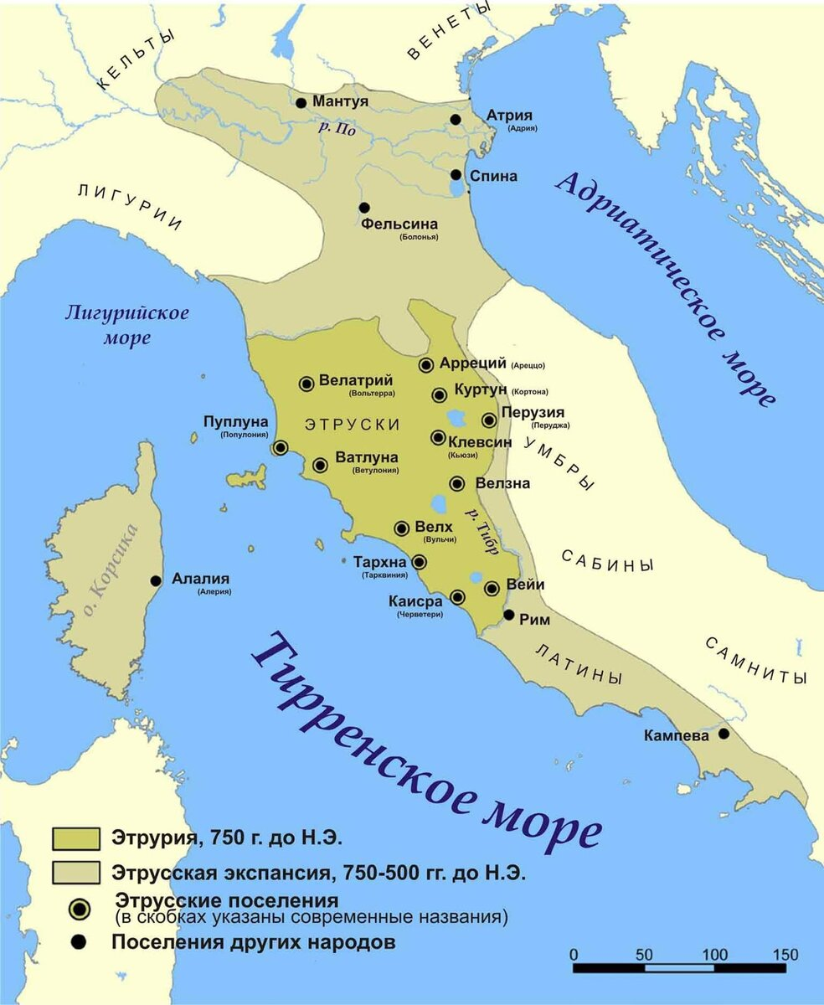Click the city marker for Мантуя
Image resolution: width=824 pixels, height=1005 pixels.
[x=301, y=102]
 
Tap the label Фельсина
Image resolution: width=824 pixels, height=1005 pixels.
[x=399, y=224]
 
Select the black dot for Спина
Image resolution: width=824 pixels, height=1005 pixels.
[x=456, y=175]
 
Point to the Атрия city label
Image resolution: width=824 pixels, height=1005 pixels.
[x=509, y=116]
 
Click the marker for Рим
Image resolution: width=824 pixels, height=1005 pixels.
[x=508, y=615]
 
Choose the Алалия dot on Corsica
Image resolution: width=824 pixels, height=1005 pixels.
[x=156, y=580]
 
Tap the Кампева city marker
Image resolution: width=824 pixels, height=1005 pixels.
[x=724, y=734]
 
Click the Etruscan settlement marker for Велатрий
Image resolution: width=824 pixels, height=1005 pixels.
[x=306, y=383]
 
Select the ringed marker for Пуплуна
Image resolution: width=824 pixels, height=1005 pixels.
[x=281, y=448]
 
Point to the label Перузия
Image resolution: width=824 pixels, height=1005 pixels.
[x=533, y=412]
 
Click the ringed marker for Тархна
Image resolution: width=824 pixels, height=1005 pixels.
[x=419, y=562]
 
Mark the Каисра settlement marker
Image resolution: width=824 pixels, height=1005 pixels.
[x=458, y=597]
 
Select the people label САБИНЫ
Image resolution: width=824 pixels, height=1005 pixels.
[x=606, y=561]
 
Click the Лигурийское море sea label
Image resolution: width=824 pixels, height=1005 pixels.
[x=127, y=325]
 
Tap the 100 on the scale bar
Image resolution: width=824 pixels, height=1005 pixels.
[x=714, y=955]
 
